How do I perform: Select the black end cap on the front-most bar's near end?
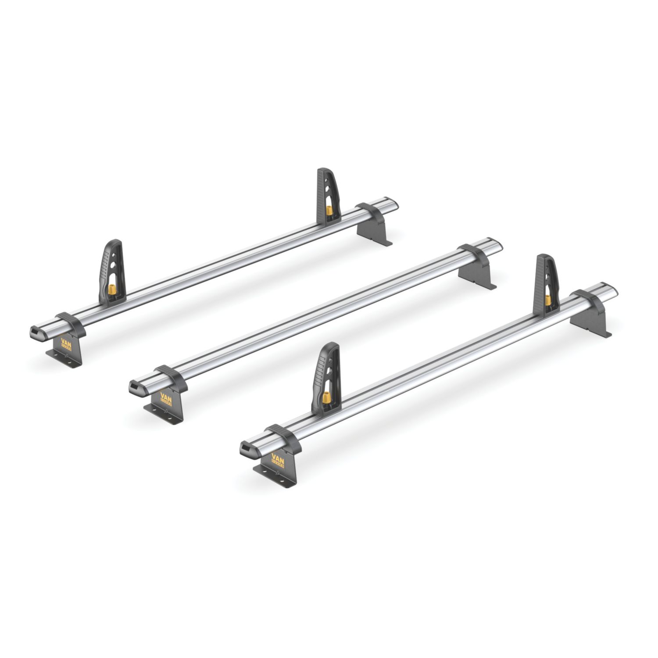246,449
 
